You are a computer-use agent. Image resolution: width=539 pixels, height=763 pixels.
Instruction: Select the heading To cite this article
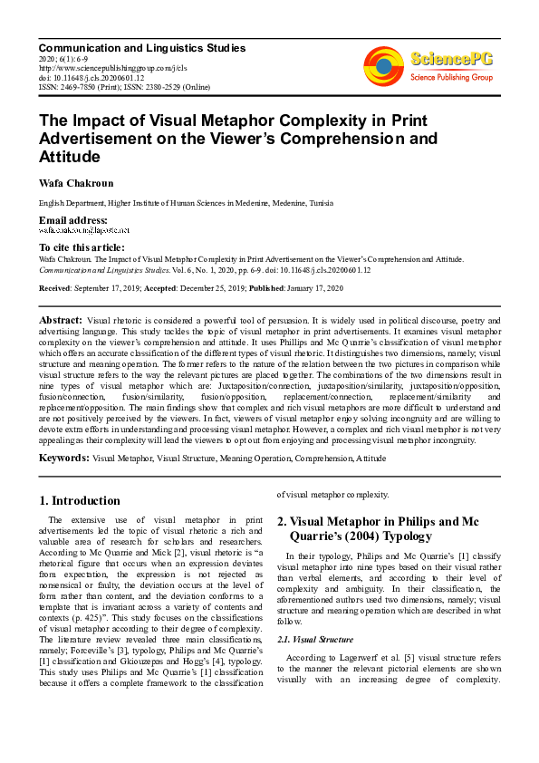(82, 247)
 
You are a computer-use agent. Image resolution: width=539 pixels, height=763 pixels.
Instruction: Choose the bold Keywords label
(63, 459)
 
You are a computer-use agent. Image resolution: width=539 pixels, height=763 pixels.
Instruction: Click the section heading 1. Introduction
(80, 500)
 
